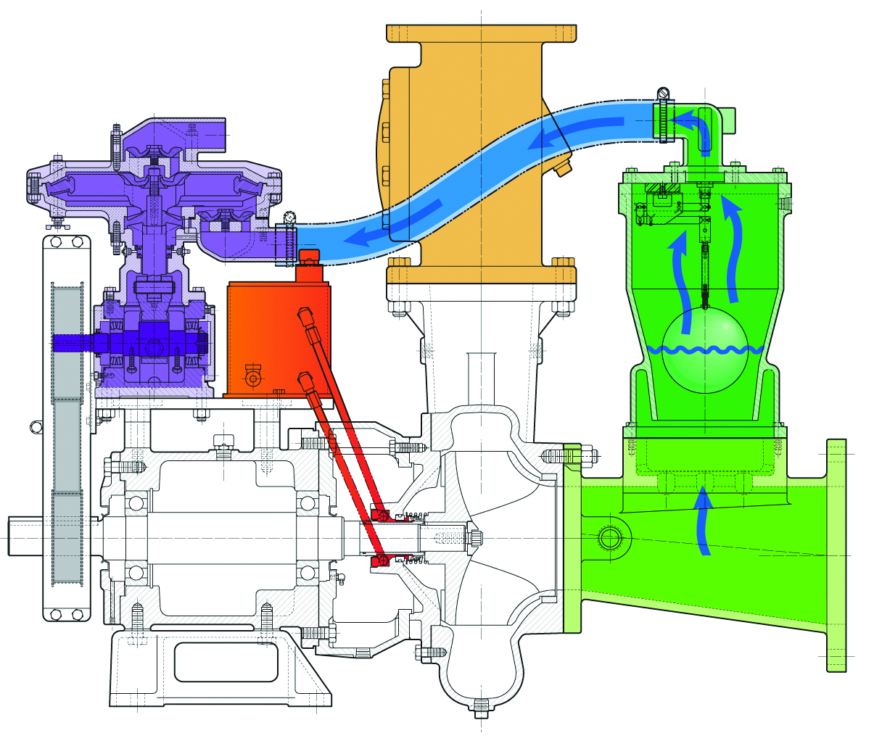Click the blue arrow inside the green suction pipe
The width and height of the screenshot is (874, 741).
(x=701, y=523)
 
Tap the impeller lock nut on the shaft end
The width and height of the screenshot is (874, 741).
(x=477, y=538)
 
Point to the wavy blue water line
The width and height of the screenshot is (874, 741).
(x=704, y=350)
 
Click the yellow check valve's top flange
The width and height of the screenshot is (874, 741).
(x=482, y=33)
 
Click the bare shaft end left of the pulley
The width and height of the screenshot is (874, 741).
(x=26, y=536)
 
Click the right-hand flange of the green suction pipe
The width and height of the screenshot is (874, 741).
(x=836, y=555)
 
